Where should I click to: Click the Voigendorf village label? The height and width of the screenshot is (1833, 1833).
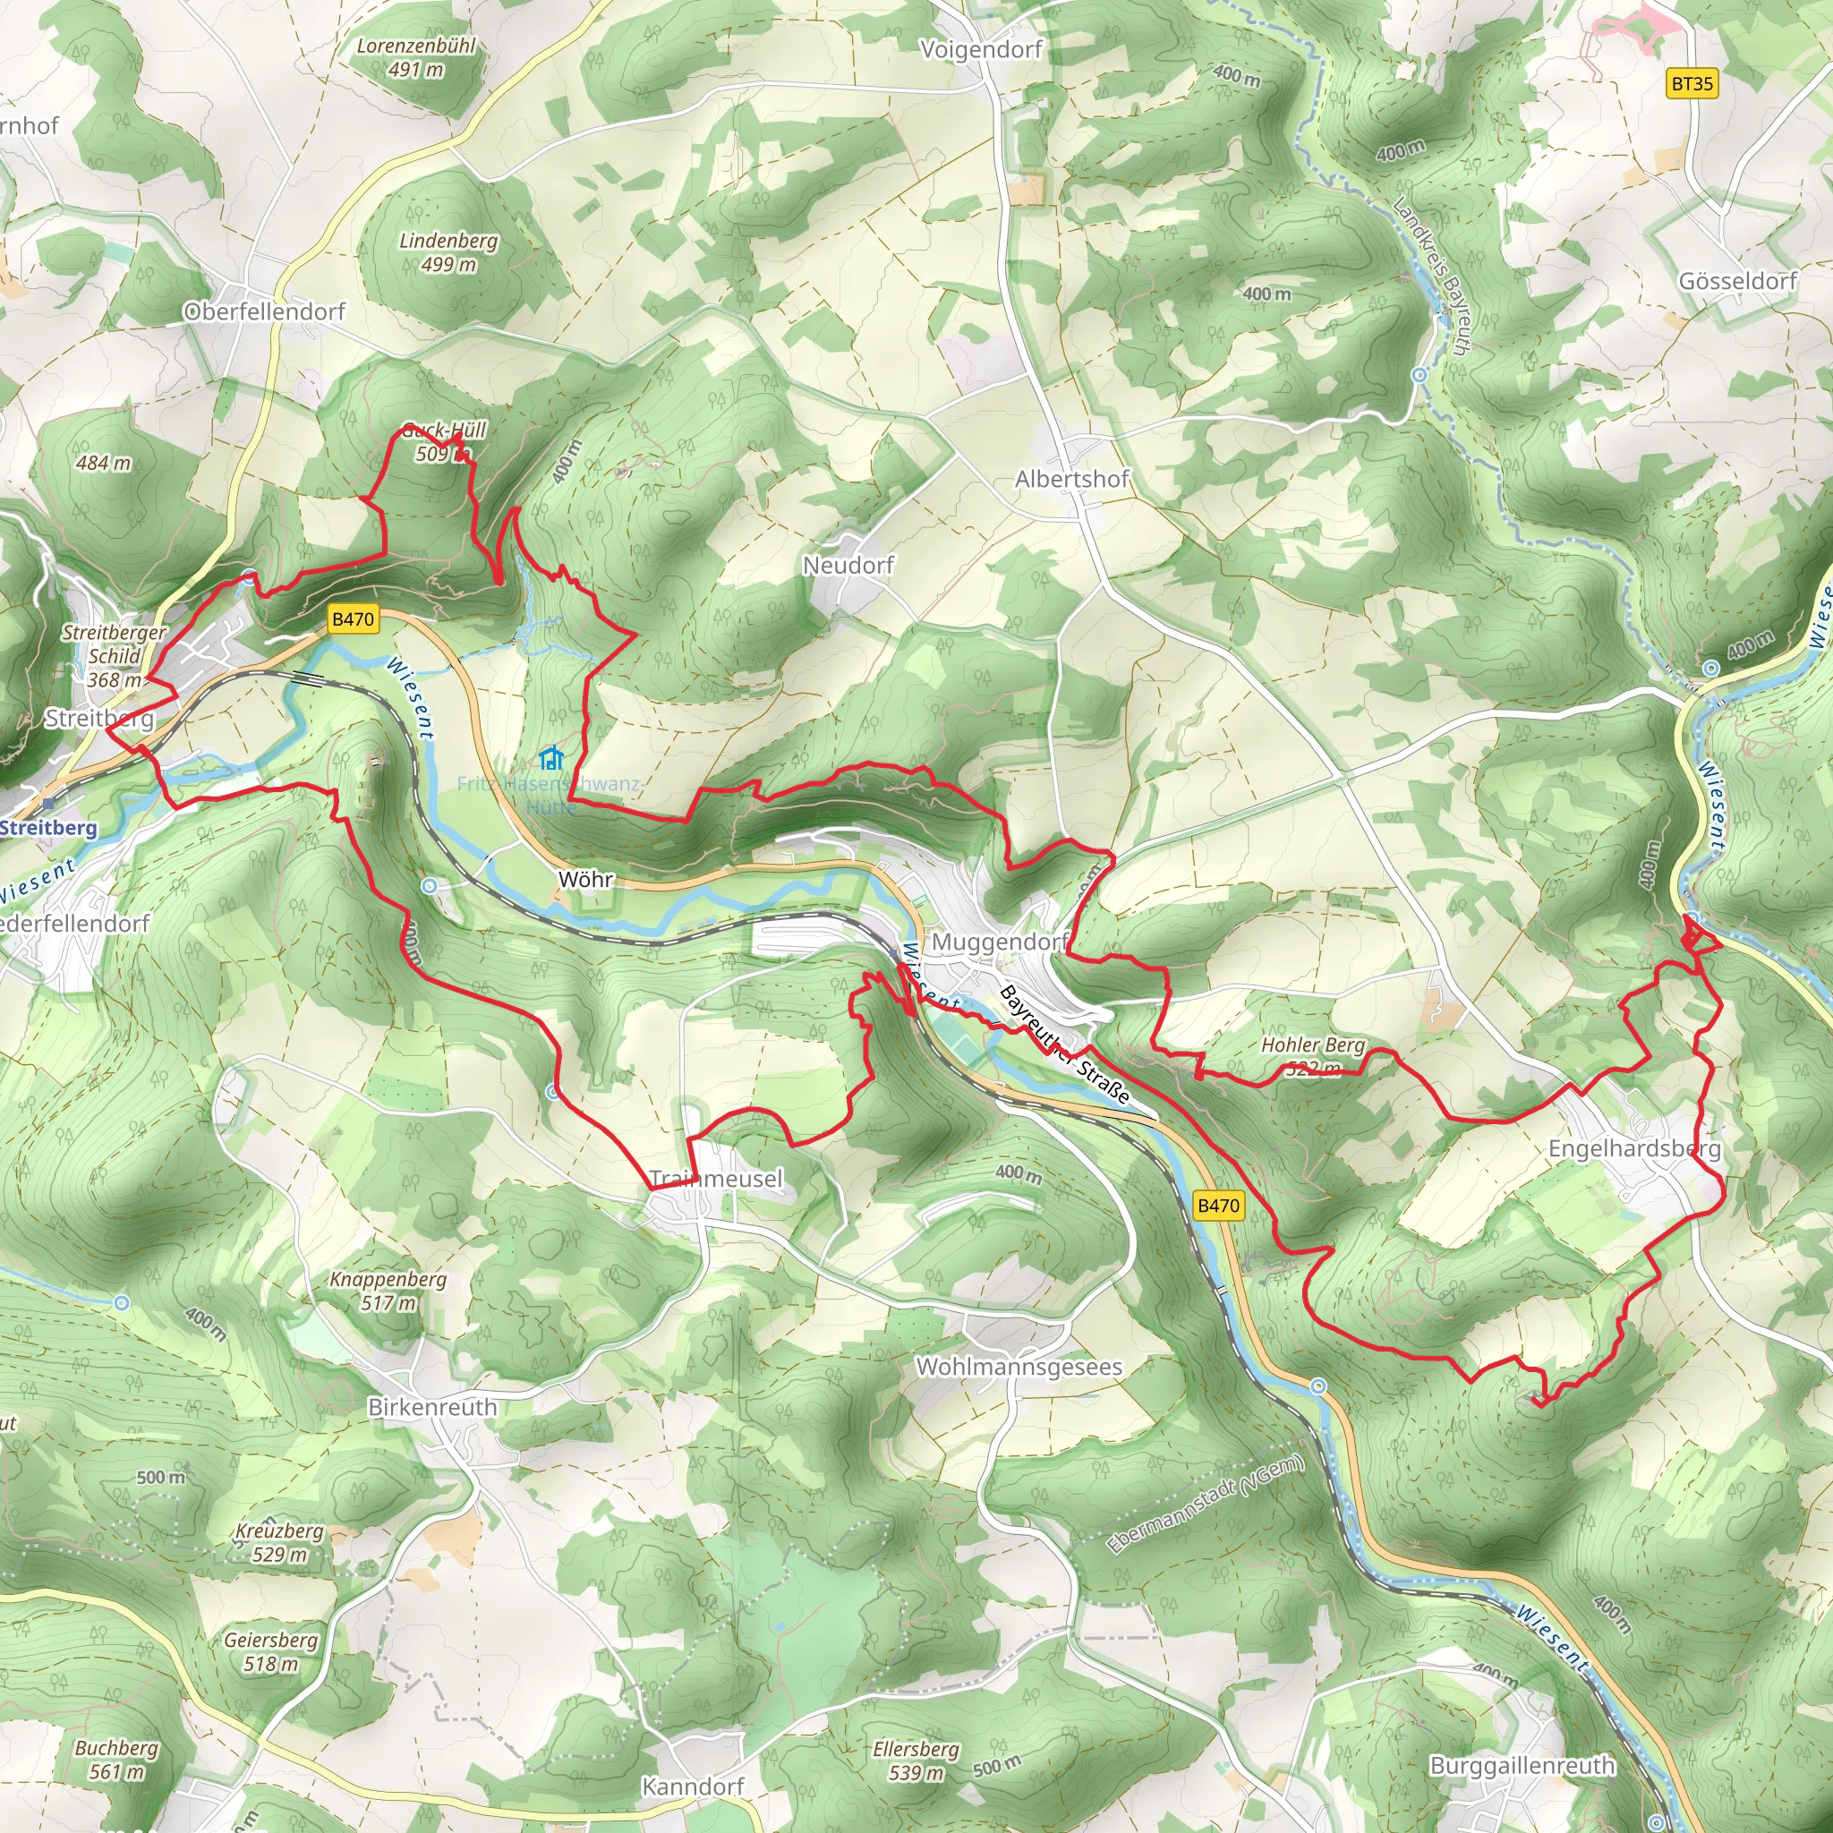[981, 49]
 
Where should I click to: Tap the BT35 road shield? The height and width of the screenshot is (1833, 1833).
[1692, 83]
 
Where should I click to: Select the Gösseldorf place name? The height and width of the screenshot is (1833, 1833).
[1737, 281]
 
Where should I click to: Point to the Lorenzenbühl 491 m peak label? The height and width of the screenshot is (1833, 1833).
[415, 57]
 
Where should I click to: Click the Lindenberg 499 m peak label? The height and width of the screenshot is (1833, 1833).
[448, 252]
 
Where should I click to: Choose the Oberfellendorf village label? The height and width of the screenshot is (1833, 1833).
[264, 311]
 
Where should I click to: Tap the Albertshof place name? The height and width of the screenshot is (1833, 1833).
[1071, 479]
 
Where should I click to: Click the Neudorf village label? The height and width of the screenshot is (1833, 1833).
[848, 566]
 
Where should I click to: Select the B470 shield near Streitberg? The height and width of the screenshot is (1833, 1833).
[353, 619]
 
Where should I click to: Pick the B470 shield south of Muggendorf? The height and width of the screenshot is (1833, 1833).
[1218, 1205]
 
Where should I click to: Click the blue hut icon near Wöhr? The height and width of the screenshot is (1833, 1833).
[550, 758]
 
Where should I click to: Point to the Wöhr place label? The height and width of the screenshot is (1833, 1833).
[585, 880]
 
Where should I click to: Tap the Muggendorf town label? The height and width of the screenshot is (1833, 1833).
[1000, 942]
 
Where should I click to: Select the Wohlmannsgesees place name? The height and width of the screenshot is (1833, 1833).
[1019, 1368]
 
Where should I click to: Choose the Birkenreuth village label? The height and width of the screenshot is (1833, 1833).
[432, 1407]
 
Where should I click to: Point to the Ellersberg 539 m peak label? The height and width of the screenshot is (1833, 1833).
[916, 1760]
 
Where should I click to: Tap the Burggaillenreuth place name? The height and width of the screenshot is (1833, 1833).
[1522, 1766]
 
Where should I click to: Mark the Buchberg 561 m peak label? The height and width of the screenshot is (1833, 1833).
[116, 1759]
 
